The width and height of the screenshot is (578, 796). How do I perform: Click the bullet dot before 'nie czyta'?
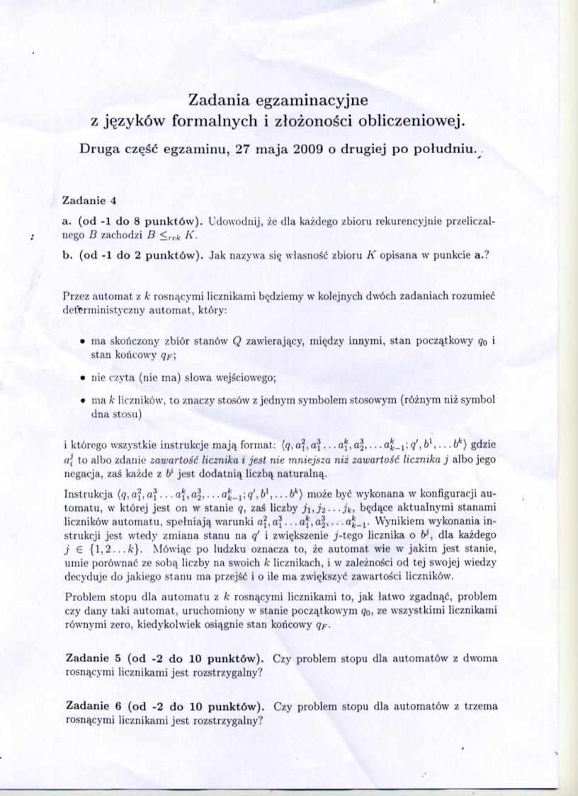pyautogui.click(x=83, y=376)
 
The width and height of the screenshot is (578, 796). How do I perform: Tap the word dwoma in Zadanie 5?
pyautogui.click(x=480, y=658)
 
